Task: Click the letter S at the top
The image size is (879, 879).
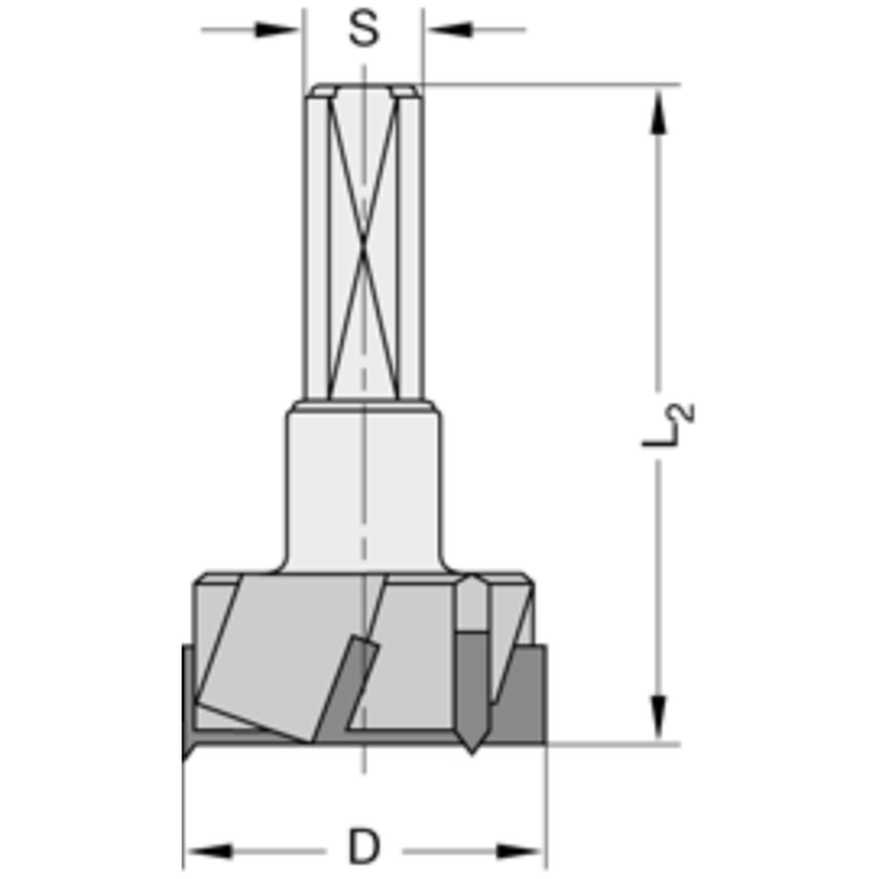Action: pos(363,29)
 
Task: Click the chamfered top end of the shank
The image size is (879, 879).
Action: pos(363,91)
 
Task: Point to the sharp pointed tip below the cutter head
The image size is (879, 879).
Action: pos(473,743)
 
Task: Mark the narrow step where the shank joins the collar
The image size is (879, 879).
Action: pos(363,407)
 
